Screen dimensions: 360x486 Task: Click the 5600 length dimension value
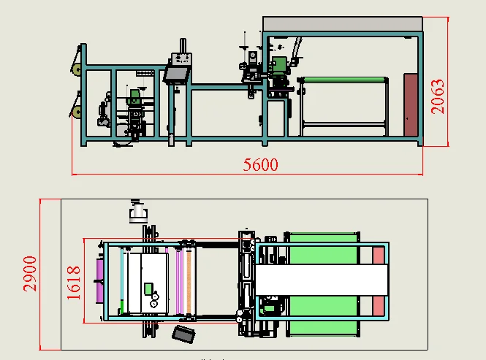coord(260,164)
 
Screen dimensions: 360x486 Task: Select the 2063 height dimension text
coord(438,95)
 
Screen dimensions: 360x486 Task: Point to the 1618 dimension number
coord(74,281)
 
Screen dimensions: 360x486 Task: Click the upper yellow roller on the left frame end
coord(75,70)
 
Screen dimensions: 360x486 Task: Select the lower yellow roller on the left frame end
coord(75,111)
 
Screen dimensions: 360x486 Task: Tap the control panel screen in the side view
coord(176,74)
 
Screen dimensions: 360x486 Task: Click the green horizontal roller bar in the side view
coord(344,80)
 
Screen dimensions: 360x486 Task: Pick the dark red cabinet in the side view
coord(411,105)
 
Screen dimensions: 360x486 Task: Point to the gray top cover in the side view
coord(342,24)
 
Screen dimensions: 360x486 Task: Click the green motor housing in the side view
coord(279,66)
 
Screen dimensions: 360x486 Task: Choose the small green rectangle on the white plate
coord(148,287)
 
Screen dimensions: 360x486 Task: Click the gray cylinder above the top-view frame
coord(137,214)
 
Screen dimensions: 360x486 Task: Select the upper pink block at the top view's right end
coord(378,255)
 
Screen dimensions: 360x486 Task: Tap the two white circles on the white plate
coord(154,299)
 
